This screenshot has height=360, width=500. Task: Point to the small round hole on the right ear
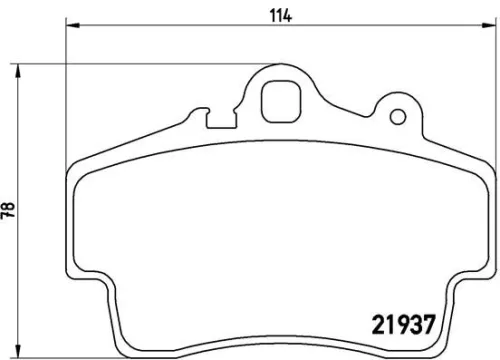tap(399, 117)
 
